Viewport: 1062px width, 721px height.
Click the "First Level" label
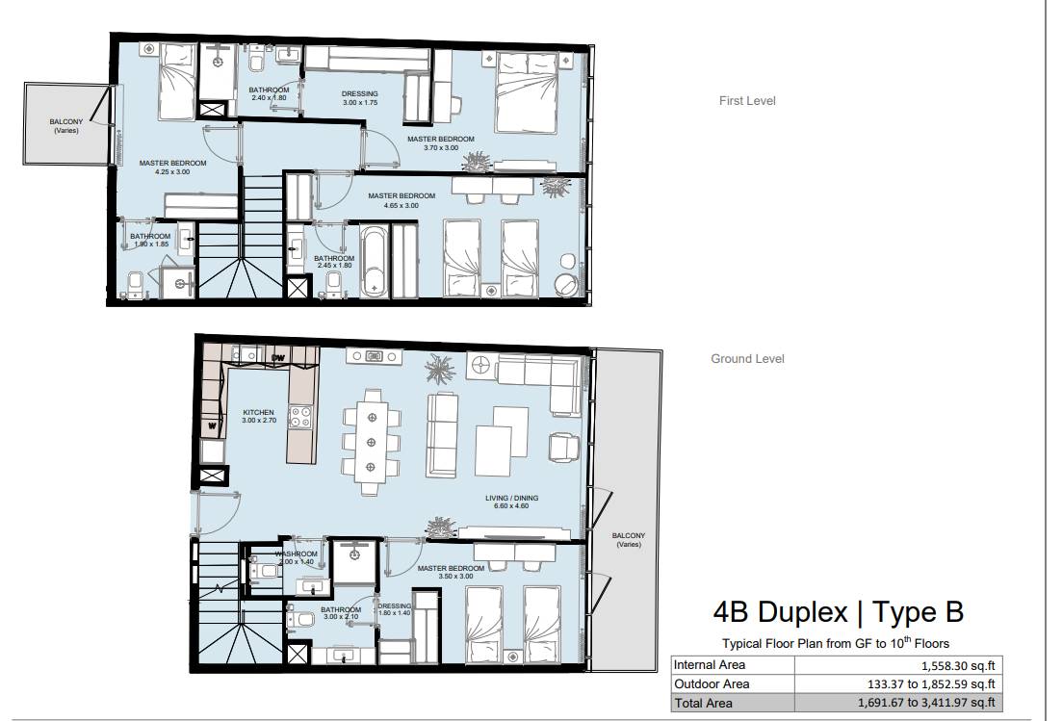pos(747,101)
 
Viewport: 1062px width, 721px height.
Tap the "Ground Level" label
pos(747,359)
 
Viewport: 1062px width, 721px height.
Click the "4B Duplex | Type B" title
pos(838,612)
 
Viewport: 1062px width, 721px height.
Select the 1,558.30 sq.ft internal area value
pos(958,665)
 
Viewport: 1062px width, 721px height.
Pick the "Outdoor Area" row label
pos(712,683)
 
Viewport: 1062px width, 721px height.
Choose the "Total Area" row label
pos(703,704)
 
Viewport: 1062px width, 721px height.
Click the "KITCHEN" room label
pos(259,412)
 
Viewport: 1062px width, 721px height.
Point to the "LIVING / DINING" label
pos(511,499)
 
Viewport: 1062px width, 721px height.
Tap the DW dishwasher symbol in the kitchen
pos(277,357)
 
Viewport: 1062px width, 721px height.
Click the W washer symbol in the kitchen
pos(213,425)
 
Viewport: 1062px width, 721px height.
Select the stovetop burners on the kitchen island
pos(300,417)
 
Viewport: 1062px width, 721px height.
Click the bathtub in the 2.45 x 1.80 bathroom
pos(374,261)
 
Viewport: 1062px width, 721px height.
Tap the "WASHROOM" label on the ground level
pos(296,554)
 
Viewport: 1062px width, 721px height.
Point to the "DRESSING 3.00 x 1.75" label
pos(360,98)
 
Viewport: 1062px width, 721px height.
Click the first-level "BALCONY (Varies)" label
pos(66,126)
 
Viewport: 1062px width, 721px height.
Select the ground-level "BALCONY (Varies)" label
pos(629,540)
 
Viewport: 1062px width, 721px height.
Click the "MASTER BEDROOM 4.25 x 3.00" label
pos(172,167)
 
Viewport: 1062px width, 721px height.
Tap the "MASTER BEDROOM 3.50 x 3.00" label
pos(451,572)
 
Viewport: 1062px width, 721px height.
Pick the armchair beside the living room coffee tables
pos(564,448)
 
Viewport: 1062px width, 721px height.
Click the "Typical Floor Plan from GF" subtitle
pos(790,644)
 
